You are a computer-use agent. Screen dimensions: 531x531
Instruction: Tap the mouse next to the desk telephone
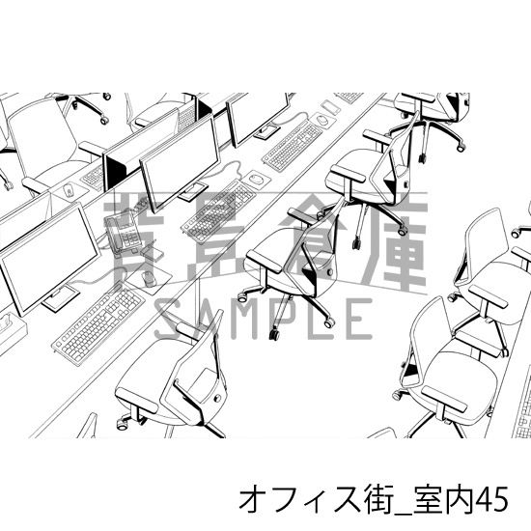147,277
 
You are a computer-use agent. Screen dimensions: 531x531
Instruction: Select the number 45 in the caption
499,499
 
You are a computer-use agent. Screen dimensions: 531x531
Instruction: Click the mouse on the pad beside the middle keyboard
255,178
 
